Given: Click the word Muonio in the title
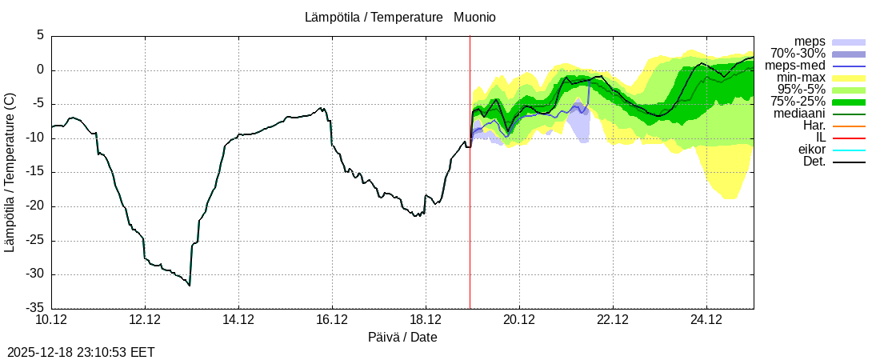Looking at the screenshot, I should (474, 17).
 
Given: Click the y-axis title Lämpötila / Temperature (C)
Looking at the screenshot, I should (10, 172).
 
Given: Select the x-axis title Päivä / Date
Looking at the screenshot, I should (402, 337).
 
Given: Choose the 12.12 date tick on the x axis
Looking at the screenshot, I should (145, 320).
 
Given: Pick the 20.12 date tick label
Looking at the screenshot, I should (519, 320).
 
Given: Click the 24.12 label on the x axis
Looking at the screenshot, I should (706, 320).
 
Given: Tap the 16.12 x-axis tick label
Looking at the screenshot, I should (332, 320).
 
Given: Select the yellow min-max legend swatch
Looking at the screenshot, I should (849, 78).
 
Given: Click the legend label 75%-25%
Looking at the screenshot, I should (798, 102).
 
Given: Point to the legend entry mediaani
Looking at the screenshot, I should (799, 114).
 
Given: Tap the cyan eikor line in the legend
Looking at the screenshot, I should (849, 150).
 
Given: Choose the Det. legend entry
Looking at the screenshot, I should (814, 162).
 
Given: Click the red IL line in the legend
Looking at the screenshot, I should (849, 138).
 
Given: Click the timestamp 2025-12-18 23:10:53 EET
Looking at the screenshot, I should (81, 352).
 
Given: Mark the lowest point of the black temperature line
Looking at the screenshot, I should (190, 285).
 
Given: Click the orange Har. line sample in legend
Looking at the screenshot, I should (849, 126).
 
